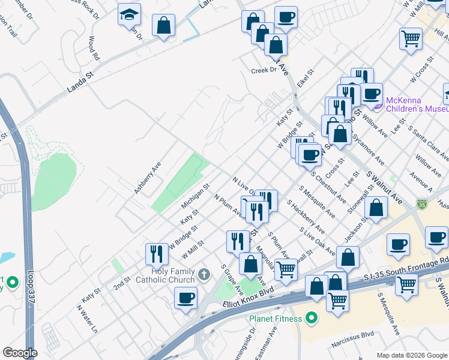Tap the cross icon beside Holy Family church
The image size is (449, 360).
click(x=204, y=275)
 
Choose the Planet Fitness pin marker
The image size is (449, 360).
click(x=311, y=318)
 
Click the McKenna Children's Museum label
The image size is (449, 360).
click(x=416, y=104)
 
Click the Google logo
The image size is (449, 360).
click(x=19, y=353)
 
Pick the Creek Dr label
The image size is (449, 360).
click(x=264, y=70)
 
